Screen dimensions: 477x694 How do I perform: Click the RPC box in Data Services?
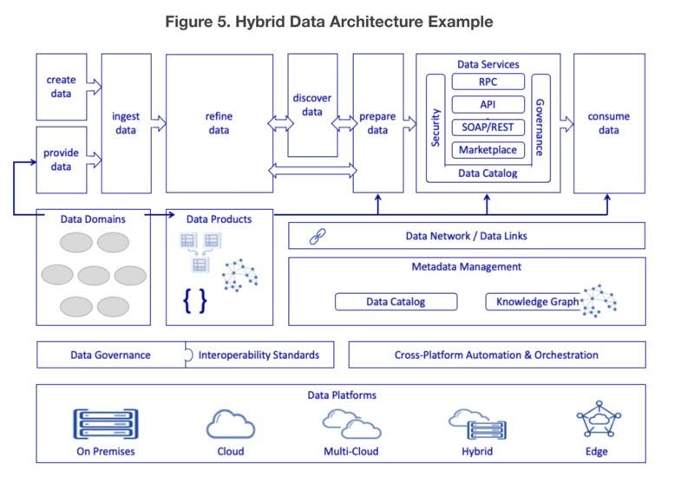tap(488, 82)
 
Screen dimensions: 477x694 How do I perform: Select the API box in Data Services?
tap(488, 105)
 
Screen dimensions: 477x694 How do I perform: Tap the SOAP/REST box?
tap(488, 127)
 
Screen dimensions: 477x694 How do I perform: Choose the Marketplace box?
tap(488, 150)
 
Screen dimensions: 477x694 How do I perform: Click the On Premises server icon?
tap(103, 424)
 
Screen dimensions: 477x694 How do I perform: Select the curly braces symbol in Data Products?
tap(194, 300)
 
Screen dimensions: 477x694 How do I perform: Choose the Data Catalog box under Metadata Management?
tap(396, 302)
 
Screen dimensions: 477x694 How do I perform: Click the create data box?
tap(61, 87)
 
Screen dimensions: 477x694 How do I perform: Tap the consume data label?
tap(608, 123)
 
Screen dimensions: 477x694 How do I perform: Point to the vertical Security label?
tap(436, 126)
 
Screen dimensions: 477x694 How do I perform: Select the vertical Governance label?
tap(539, 126)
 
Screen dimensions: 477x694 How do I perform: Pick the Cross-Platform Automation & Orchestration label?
tap(496, 355)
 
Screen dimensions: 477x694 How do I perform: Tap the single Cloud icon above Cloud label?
tap(231, 424)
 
